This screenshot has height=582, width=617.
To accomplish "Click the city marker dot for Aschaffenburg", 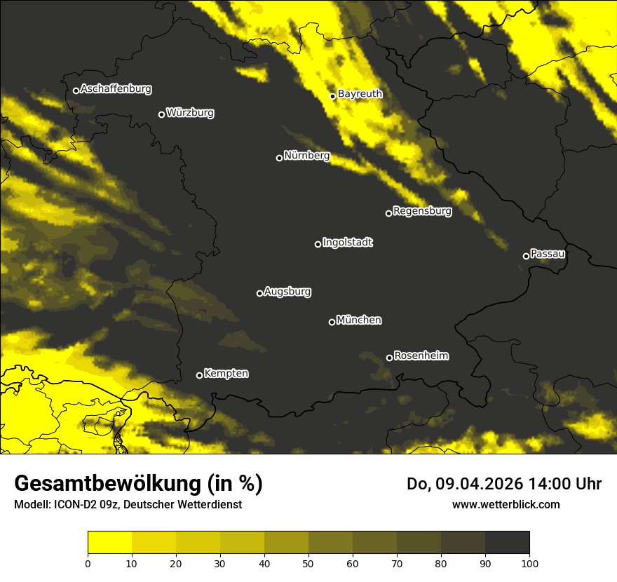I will (76, 90).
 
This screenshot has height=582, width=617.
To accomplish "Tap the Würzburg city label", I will (190, 113).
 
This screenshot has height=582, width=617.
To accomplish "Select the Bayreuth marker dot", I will (333, 96).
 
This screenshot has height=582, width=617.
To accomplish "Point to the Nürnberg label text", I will (306, 156).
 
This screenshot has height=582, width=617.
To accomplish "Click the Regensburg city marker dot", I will (388, 213).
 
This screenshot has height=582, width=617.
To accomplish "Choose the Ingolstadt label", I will (347, 243).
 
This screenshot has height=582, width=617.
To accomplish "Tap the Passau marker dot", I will (526, 256).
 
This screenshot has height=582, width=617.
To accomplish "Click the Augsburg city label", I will (287, 292).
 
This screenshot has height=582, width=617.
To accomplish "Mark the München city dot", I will (332, 322).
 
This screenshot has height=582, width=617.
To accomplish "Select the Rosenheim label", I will (421, 356).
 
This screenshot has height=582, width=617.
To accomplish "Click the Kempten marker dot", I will (199, 375).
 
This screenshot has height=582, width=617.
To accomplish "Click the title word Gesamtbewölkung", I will (107, 484).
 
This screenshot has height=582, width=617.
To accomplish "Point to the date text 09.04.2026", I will (477, 484).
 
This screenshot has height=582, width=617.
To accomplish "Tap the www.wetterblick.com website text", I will (506, 504).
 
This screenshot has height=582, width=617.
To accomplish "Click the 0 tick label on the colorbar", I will (88, 563).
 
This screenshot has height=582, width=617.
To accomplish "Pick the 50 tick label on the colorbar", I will (308, 563).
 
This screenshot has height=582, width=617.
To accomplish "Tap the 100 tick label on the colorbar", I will (529, 563).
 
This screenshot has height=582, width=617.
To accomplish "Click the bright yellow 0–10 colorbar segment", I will (109, 542).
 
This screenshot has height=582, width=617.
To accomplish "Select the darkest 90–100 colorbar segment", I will (507, 542).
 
